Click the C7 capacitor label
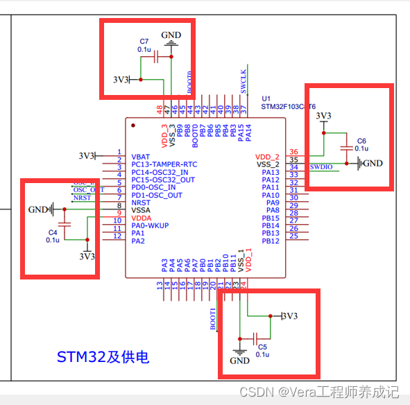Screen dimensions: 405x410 click(144, 42)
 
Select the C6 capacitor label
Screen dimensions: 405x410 click(361, 141)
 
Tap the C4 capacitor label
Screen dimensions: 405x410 click(53, 232)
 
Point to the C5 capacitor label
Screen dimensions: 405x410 click(262, 347)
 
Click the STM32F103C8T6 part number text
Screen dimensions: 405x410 click(288, 107)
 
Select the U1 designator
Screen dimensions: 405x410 click(266, 98)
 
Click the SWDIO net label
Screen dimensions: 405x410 click(322, 167)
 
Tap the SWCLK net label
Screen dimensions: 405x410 click(244, 80)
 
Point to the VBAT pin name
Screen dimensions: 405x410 click(140, 157)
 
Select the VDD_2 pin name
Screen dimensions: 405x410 click(267, 157)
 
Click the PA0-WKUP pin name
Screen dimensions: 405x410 click(150, 225)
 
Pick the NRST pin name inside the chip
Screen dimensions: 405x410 click(140, 203)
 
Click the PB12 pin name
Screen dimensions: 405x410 click(271, 241)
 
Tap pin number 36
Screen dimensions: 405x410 click(293, 152)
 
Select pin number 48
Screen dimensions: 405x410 click(160, 110)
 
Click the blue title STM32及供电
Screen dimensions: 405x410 click(103, 358)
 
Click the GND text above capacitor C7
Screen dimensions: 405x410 click(171, 35)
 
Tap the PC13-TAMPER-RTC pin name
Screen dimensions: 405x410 click(164, 164)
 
